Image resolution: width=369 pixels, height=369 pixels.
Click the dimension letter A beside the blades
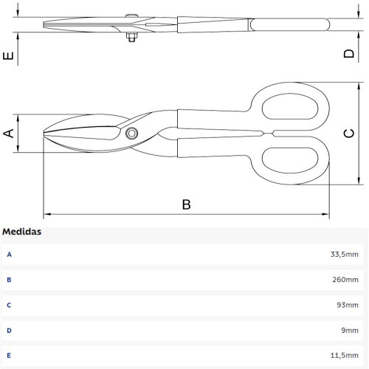click(9, 133)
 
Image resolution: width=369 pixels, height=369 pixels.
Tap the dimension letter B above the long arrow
click(186, 204)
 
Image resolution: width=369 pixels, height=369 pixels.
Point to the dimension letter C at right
click(349, 133)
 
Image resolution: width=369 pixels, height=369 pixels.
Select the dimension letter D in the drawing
click(349, 53)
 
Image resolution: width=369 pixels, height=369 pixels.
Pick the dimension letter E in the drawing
click(8, 56)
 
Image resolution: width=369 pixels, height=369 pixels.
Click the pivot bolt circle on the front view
click(131, 134)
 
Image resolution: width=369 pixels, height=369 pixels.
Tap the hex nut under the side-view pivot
click(131, 37)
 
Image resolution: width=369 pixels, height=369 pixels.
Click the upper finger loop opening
click(290, 106)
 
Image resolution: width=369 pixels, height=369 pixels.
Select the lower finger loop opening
click(290, 160)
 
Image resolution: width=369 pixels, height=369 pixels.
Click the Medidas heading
click(21, 232)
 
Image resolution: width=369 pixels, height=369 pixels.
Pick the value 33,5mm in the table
click(344, 254)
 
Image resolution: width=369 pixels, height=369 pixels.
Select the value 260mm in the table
click(345, 280)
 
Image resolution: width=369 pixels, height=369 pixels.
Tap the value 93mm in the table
click(348, 305)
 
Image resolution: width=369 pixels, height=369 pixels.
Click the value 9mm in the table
click(350, 331)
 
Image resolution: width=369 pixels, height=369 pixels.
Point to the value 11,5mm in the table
click(344, 355)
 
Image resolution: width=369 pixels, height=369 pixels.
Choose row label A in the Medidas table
click(9, 255)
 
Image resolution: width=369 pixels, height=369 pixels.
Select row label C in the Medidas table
click(9, 305)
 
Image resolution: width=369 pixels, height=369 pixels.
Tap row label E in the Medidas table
click(9, 356)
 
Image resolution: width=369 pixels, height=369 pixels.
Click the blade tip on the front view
click(44, 134)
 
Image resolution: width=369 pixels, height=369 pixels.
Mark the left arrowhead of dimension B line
click(47, 214)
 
